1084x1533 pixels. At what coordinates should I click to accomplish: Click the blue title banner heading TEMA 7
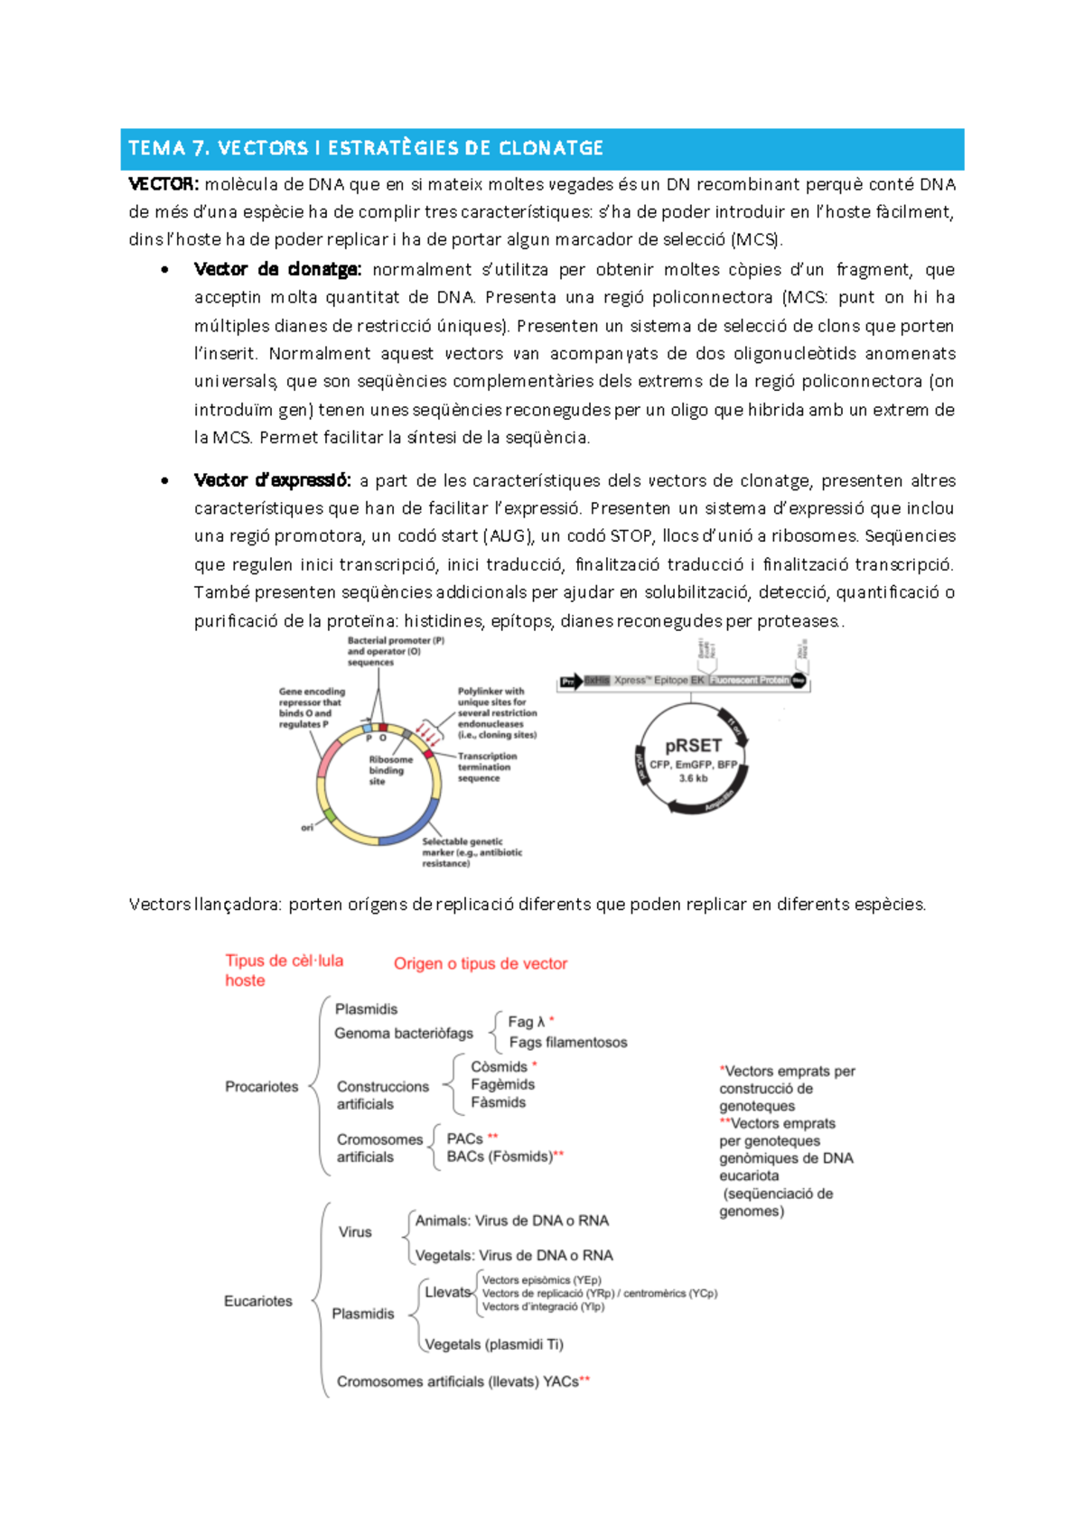(366, 148)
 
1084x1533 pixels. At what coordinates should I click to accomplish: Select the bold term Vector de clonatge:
(277, 270)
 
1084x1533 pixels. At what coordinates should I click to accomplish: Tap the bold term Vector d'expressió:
(272, 481)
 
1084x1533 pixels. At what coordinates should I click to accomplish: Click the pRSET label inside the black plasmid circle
(693, 746)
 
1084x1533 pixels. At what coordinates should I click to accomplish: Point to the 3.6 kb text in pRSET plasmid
(693, 778)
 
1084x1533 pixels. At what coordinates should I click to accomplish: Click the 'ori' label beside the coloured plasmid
(307, 827)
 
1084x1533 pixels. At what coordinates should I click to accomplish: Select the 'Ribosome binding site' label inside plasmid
(389, 770)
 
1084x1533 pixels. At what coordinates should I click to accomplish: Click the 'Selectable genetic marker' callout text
(471, 852)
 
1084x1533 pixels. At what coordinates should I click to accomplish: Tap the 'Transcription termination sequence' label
(487, 767)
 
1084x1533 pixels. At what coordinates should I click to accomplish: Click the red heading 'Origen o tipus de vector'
(480, 964)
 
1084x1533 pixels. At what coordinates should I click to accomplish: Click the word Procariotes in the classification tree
(261, 1087)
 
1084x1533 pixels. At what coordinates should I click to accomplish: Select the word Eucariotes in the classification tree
(258, 1301)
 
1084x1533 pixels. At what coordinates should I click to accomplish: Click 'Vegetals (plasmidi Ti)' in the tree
(493, 1344)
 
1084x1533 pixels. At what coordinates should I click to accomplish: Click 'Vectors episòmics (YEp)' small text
(541, 1280)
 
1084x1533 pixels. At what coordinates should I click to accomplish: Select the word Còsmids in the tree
(499, 1067)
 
